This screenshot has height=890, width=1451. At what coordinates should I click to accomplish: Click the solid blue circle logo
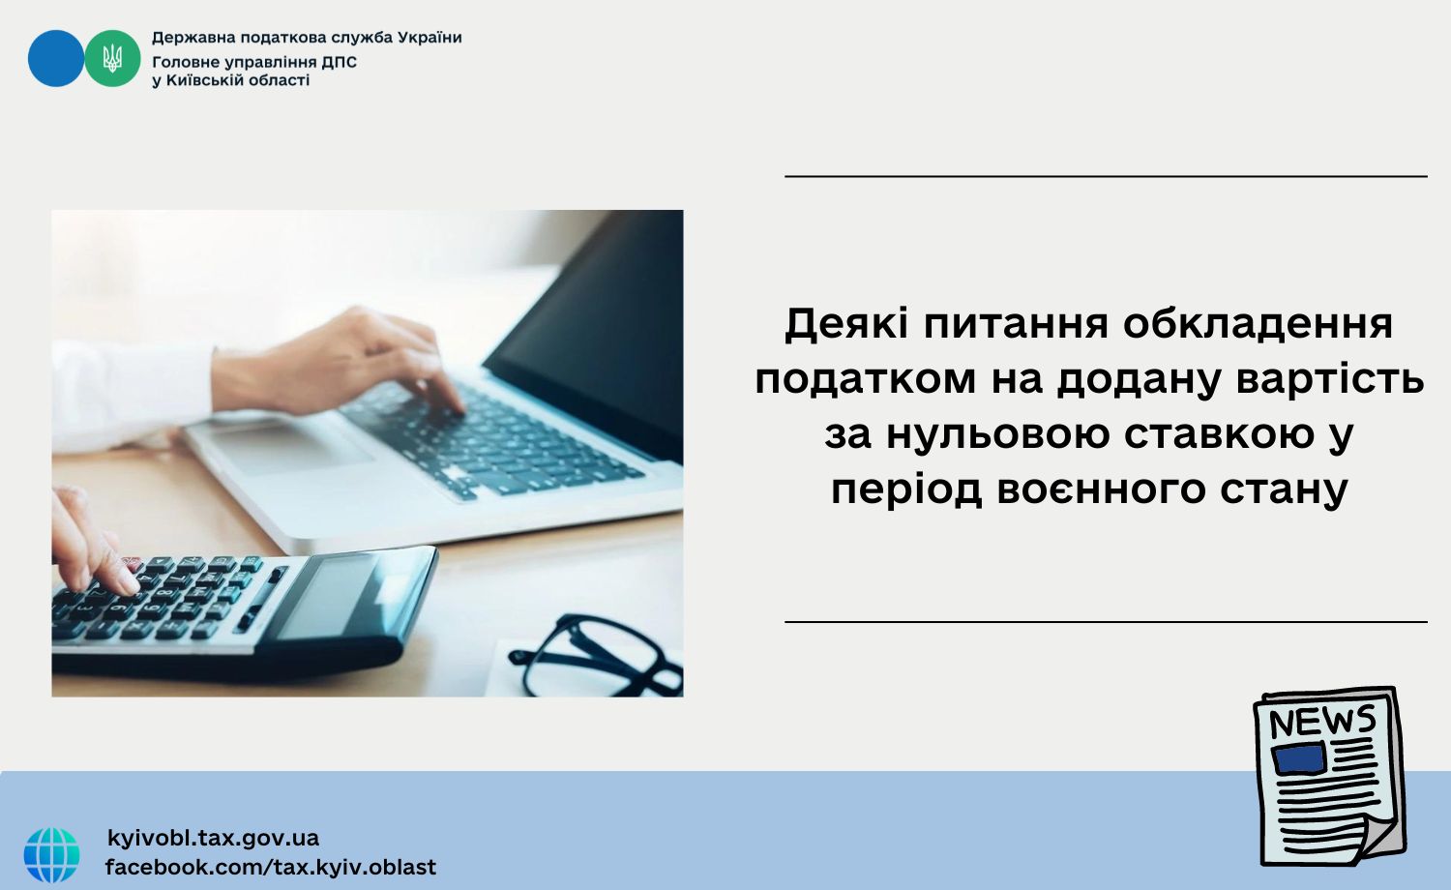(56, 58)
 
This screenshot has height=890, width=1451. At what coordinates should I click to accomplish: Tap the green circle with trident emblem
(113, 58)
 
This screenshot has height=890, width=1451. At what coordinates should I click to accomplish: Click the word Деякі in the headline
(847, 324)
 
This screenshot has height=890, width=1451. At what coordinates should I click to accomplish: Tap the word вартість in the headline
(1330, 379)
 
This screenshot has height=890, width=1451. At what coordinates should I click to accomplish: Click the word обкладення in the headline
(1258, 324)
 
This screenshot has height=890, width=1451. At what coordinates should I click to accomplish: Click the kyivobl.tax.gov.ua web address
(213, 838)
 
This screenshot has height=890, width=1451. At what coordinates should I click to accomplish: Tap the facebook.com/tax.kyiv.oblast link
(271, 867)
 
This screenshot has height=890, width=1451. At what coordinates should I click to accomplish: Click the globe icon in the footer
(52, 854)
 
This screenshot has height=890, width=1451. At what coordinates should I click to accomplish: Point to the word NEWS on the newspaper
(1322, 722)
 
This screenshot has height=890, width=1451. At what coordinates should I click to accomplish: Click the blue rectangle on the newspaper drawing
(1299, 758)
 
